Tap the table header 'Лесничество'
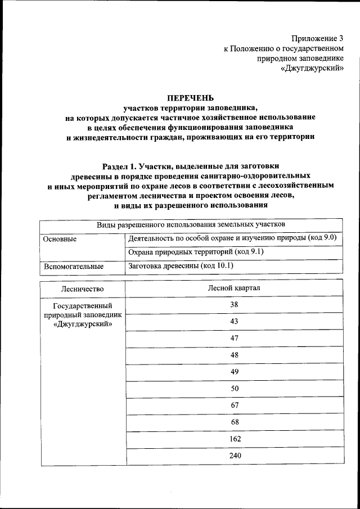click(83, 289)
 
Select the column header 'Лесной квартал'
click(235, 289)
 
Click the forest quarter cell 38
click(235, 304)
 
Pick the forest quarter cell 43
click(235, 321)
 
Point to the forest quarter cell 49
click(235, 371)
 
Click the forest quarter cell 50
click(235, 388)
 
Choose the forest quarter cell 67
click(235, 405)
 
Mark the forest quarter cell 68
click(235, 422)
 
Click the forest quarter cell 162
click(235, 439)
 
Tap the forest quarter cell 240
click(235, 456)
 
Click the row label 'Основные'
click(60, 238)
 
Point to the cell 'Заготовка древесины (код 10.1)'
click(181, 265)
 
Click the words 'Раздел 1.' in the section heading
click(120, 166)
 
